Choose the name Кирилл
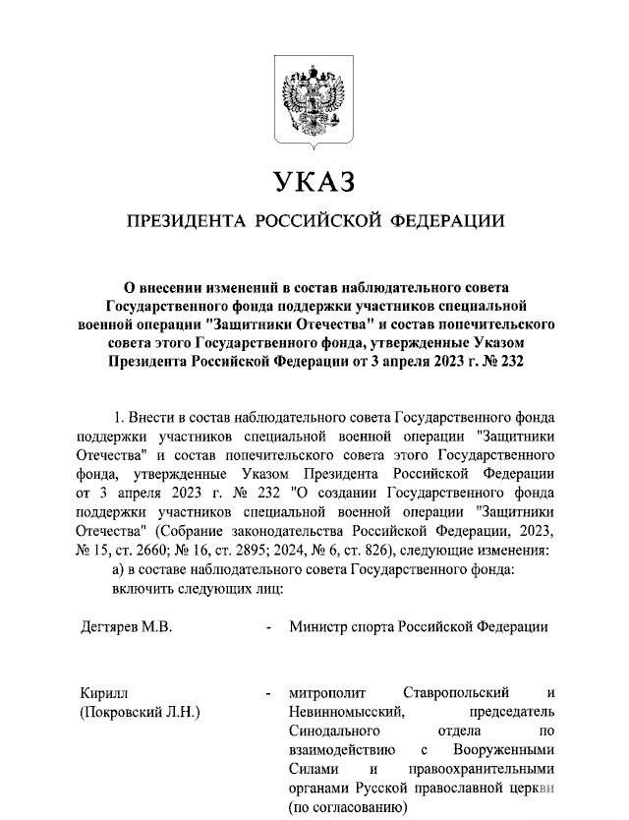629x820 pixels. point(101,693)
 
